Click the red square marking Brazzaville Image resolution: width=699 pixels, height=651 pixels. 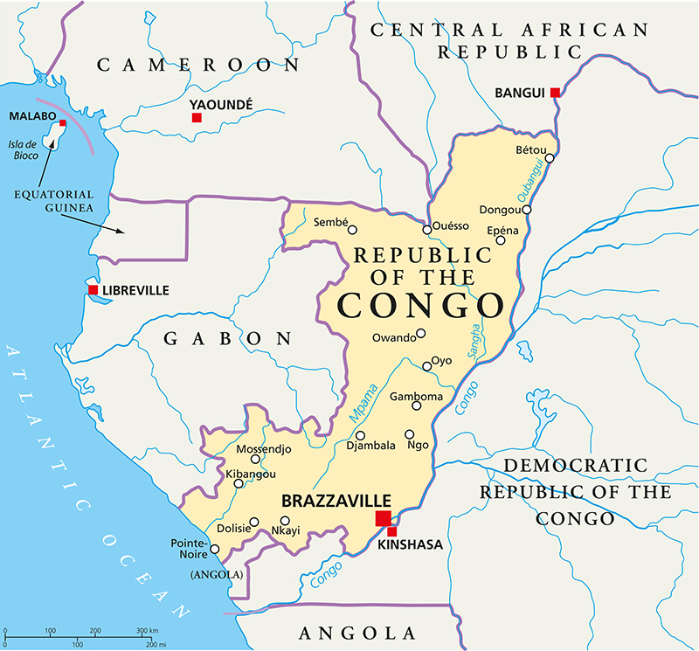coord(383,519)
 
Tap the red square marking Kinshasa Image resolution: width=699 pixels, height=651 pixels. coord(392,531)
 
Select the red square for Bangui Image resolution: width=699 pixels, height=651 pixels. coord(555,93)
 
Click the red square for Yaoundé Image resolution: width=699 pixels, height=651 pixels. coord(197,117)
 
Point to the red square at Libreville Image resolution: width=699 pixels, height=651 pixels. coord(93,290)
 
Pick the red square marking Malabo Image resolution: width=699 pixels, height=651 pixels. coord(62,123)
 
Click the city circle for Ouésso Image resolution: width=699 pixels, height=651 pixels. coord(426,230)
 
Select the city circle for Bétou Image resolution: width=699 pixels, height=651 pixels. coord(550,158)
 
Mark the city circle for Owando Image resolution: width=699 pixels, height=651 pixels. coord(420,333)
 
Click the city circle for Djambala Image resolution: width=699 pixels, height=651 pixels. coord(360,435)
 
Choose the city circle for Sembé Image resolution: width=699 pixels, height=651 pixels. coord(352,230)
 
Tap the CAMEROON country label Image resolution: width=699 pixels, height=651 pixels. coord(197,65)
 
